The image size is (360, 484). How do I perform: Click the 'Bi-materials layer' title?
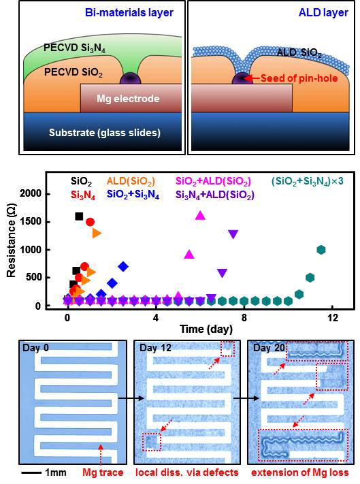pos(129,12)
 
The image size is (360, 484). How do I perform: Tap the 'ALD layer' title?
pos(323,12)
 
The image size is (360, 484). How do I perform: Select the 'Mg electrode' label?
pos(128,99)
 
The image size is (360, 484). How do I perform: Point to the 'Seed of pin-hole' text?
pos(299,78)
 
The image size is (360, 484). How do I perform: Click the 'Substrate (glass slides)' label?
pos(105,133)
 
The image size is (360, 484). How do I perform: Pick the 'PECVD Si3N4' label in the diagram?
pos(74,48)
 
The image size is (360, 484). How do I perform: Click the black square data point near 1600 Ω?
pos(79,216)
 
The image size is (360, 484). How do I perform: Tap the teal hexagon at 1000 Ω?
pos(321,250)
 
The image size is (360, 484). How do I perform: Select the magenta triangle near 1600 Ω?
pos(200,215)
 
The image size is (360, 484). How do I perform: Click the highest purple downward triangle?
pos(233,234)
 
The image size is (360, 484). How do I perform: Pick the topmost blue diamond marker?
pos(123,266)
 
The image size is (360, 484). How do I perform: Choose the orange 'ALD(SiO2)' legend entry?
pos(131,181)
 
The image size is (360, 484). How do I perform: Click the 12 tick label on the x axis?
pos(333,317)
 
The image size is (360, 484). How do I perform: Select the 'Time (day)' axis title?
pos(206,329)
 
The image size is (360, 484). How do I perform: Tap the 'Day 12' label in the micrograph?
pos(155,348)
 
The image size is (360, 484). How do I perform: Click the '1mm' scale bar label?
pos(56,472)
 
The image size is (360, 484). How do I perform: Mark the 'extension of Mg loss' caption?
pos(300,472)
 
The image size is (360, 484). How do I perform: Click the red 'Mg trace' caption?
pos(103,472)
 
